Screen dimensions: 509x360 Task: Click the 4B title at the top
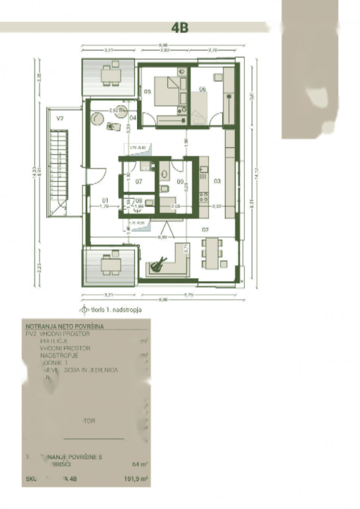(x=180, y=28)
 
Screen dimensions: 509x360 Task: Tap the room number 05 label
(x=147, y=91)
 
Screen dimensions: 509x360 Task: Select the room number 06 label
(x=202, y=89)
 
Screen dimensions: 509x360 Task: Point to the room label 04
(x=133, y=118)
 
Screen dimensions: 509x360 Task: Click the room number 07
(x=139, y=182)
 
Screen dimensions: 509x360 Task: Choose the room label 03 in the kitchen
(x=217, y=181)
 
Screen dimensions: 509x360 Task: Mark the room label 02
(x=205, y=229)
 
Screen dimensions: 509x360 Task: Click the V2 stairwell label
(x=60, y=118)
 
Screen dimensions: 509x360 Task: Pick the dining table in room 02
(x=212, y=253)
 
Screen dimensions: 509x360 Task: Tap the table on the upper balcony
(x=111, y=75)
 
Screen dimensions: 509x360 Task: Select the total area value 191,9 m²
(x=136, y=479)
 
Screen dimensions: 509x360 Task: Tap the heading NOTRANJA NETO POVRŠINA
(x=65, y=326)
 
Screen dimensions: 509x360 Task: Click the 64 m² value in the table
(x=140, y=464)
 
